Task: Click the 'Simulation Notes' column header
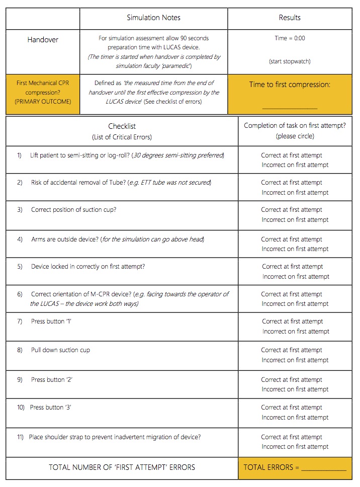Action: point(153,18)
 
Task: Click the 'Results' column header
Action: point(290,18)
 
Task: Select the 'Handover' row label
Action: point(43,39)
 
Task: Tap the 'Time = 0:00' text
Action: point(290,38)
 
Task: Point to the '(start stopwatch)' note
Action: point(290,61)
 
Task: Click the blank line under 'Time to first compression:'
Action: point(290,107)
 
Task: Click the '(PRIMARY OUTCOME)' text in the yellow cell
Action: point(43,101)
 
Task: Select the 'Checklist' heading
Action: point(122,127)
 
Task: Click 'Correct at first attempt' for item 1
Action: point(292,155)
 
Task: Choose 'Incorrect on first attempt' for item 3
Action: point(295,220)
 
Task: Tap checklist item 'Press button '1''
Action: point(51,321)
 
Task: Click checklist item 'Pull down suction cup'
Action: point(60,350)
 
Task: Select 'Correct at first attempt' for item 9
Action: point(292,380)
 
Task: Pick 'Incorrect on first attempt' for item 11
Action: point(295,447)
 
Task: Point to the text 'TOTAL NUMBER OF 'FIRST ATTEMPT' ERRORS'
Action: point(122,467)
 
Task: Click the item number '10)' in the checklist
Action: point(21,408)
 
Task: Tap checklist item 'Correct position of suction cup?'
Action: point(73,210)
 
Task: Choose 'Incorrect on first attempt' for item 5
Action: point(296,277)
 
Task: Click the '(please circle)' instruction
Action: point(295,136)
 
